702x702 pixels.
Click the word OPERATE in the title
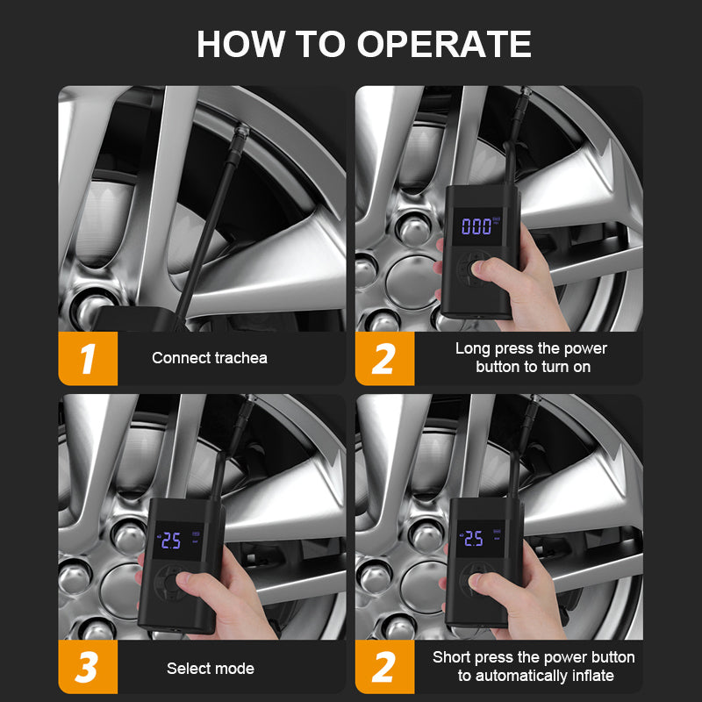click(444, 44)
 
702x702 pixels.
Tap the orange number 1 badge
click(88, 359)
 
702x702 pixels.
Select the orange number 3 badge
click(88, 667)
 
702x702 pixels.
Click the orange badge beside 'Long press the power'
click(384, 359)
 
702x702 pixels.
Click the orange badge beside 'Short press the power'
click(384, 667)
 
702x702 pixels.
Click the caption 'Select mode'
click(211, 669)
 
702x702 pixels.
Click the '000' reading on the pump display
click(476, 226)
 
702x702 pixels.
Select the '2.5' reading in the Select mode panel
click(171, 541)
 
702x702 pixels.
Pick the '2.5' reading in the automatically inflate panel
click(473, 538)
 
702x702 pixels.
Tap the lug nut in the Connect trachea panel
click(90, 309)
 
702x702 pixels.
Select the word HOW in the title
click(240, 44)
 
